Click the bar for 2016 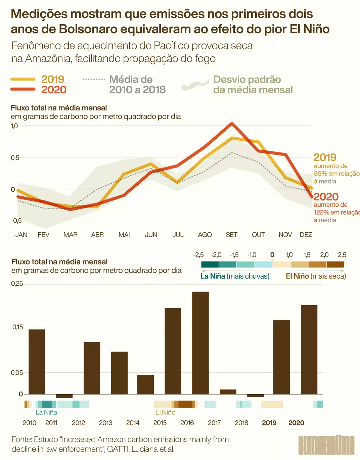(x=200, y=343)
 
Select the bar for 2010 (x=37, y=362)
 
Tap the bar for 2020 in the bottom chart (x=309, y=350)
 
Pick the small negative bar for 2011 (x=64, y=396)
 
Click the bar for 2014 (x=145, y=384)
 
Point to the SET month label (x=231, y=235)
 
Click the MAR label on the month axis (x=71, y=235)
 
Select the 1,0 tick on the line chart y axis (x=14, y=126)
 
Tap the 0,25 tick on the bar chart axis (x=17, y=284)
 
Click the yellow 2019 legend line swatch (x=23, y=79)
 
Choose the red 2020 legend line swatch (x=23, y=89)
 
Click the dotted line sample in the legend (x=94, y=79)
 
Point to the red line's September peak (x=232, y=123)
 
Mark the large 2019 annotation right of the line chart (x=325, y=157)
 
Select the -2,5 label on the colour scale (x=198, y=255)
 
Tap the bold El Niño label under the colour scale (x=297, y=276)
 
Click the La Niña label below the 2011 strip (x=46, y=412)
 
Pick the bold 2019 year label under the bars (x=269, y=423)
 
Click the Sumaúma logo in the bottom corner (x=326, y=445)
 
